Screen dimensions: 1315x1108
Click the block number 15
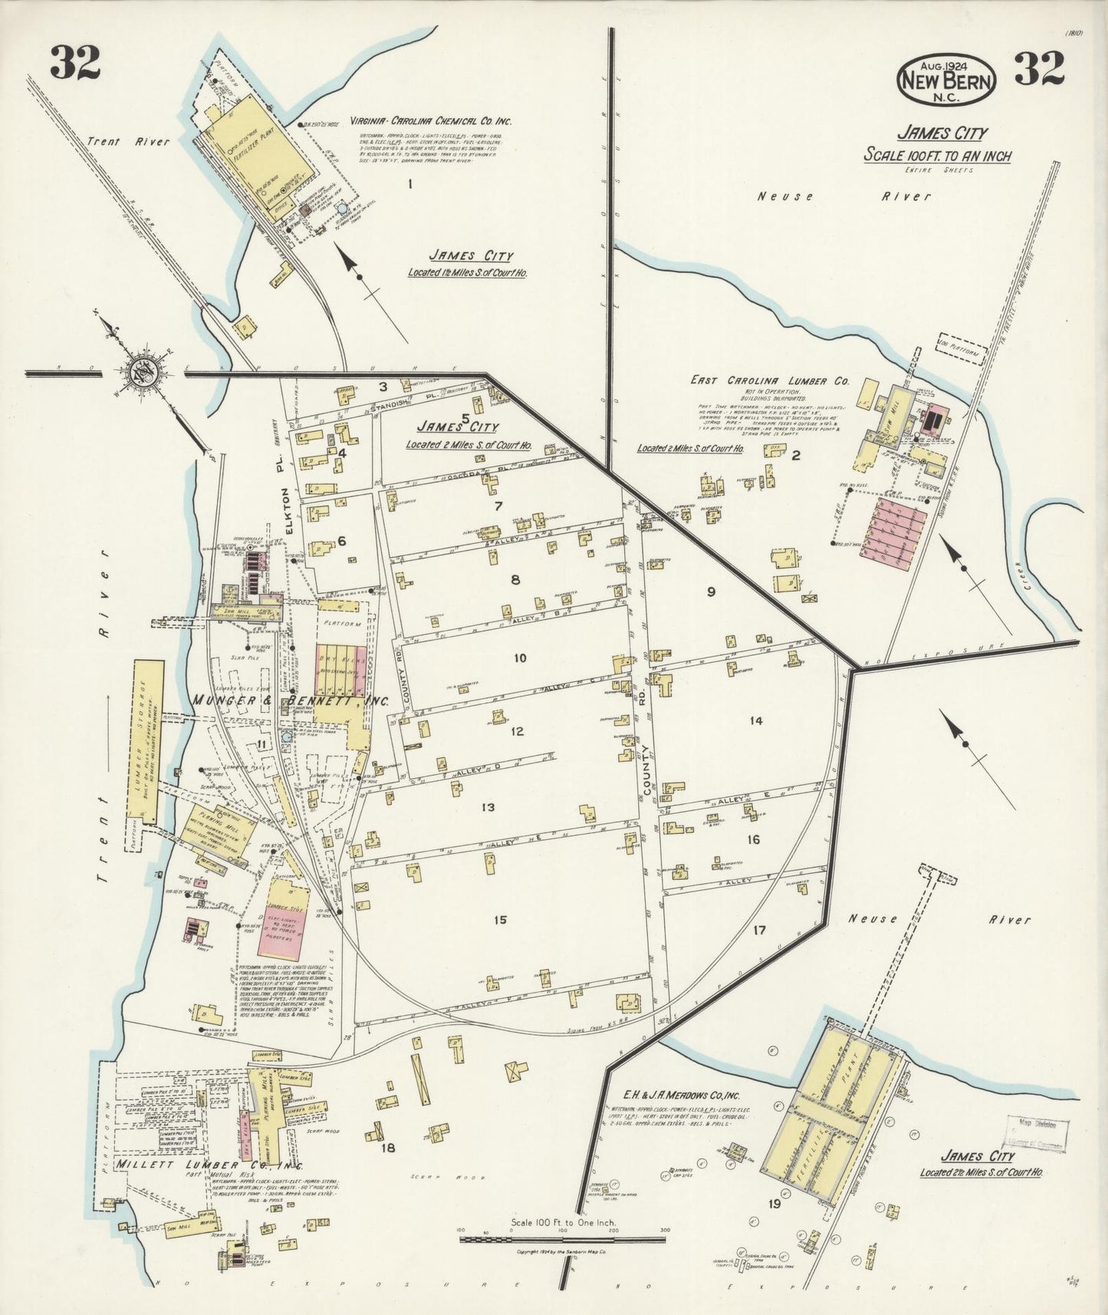click(x=501, y=920)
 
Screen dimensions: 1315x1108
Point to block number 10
click(x=520, y=658)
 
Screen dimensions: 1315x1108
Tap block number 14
click(x=756, y=720)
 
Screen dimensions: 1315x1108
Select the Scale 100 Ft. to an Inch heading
click(x=937, y=156)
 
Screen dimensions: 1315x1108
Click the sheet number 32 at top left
click(x=75, y=64)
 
